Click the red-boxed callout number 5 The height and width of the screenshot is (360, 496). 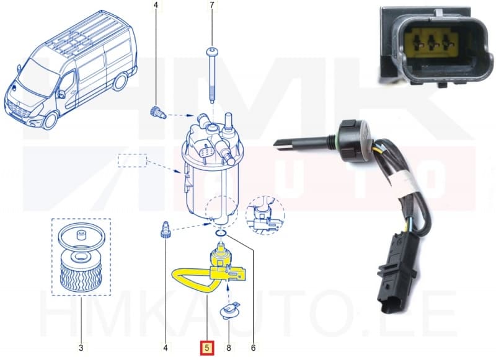pyautogui.click(x=207, y=348)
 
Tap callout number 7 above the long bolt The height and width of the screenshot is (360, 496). pyautogui.click(x=212, y=5)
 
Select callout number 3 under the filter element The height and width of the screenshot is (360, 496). pyautogui.click(x=81, y=348)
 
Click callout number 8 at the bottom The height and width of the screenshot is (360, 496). pyautogui.click(x=229, y=348)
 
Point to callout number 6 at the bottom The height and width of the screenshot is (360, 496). pyautogui.click(x=253, y=348)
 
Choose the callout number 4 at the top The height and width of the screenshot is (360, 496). pyautogui.click(x=156, y=5)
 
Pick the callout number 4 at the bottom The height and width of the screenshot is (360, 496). pyautogui.click(x=165, y=348)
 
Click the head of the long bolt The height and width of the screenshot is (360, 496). pyautogui.click(x=211, y=51)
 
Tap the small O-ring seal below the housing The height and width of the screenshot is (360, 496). pyautogui.click(x=221, y=234)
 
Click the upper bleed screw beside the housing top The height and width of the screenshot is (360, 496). pyautogui.click(x=157, y=113)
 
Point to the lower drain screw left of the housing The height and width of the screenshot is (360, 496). pyautogui.click(x=164, y=230)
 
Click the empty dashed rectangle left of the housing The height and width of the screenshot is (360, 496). pyautogui.click(x=132, y=160)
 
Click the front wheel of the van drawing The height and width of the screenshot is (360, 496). pyautogui.click(x=50, y=120)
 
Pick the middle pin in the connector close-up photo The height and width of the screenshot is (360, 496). pyautogui.click(x=432, y=42)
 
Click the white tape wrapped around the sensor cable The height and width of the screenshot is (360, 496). pyautogui.click(x=407, y=185)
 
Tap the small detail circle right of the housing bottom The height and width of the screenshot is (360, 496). pyautogui.click(x=265, y=215)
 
